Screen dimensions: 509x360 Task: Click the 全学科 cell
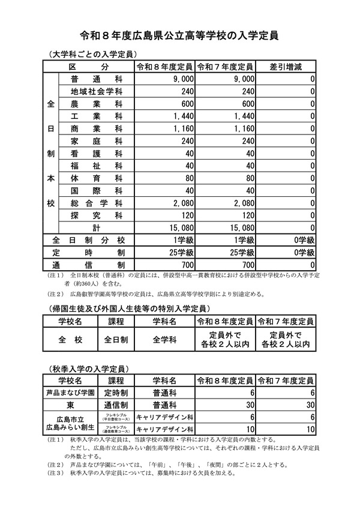[163, 340]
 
